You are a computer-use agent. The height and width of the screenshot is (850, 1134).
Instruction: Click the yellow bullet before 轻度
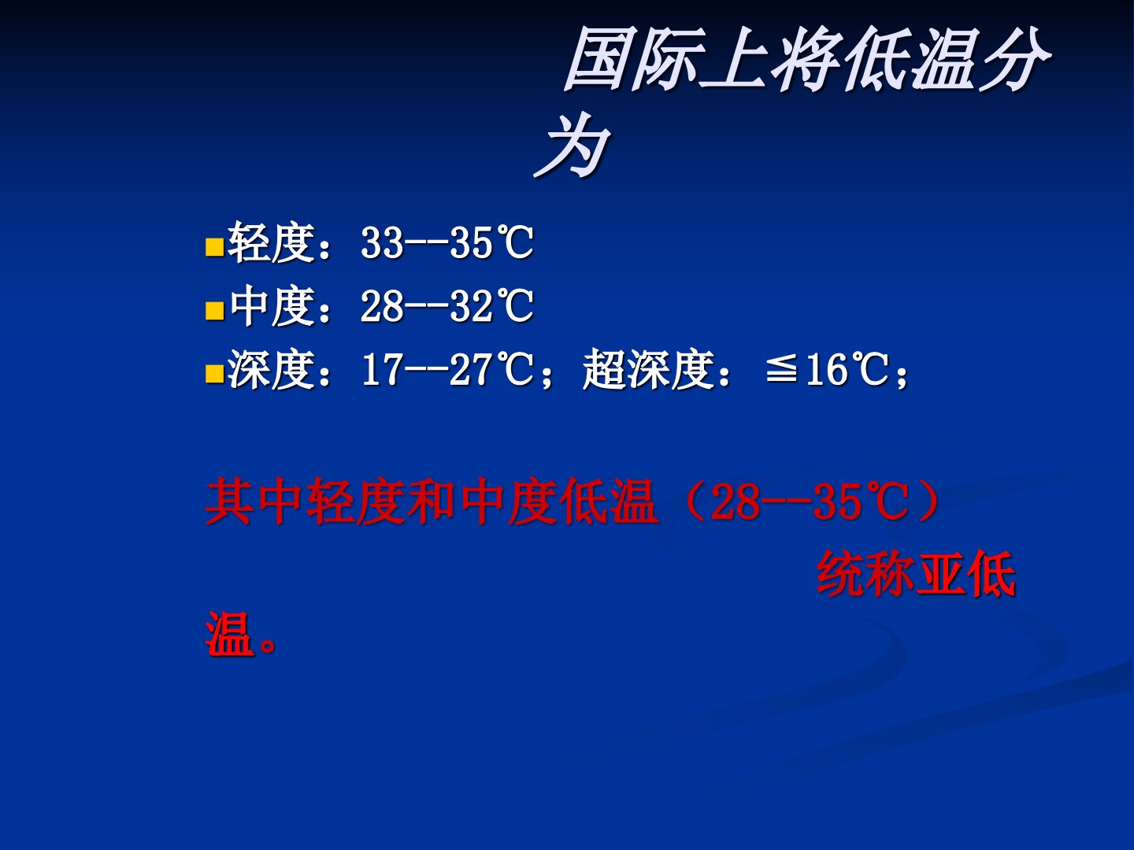coord(214,247)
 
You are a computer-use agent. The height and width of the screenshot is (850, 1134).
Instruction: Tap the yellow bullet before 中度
coord(214,311)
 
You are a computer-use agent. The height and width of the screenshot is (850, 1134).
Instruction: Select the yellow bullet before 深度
coord(214,374)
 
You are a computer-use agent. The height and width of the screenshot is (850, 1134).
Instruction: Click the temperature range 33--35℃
coord(447,242)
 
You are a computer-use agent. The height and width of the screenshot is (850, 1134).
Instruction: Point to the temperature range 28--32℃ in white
coord(447,306)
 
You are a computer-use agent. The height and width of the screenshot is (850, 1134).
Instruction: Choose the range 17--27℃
coord(447,369)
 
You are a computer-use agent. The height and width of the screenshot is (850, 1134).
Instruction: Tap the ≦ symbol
coord(781,370)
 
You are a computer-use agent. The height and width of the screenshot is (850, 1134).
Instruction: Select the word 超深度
coord(649,369)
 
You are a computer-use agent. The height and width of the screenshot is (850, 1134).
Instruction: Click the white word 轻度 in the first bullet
coord(272,242)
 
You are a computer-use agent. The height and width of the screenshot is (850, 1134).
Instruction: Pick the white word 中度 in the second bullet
coord(272,306)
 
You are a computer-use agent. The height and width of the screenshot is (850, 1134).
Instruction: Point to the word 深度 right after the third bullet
coord(272,369)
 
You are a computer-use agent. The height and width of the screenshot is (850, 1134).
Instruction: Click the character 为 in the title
coord(573,145)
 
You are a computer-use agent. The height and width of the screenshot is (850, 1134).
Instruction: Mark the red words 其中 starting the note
coord(254,501)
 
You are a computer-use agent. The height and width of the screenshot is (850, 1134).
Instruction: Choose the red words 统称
coord(865,574)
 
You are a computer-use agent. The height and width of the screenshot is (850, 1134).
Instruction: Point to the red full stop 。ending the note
coord(269,645)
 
